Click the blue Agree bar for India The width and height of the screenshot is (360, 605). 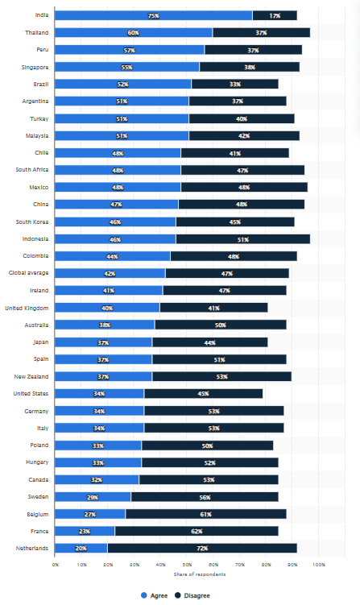(x=153, y=15)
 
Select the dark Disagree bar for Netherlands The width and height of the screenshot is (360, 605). (x=201, y=549)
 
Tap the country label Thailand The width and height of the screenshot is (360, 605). (x=37, y=33)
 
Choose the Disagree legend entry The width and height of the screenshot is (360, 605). (x=197, y=595)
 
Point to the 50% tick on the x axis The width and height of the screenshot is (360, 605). (x=187, y=565)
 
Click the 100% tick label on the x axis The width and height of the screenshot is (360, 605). (x=318, y=565)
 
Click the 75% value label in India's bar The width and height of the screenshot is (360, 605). (x=153, y=15)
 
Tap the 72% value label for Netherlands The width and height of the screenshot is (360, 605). (x=202, y=549)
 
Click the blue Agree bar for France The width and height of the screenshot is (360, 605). (x=85, y=531)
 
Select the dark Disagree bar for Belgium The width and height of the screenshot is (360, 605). (x=205, y=514)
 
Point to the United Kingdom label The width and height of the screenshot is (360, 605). (x=27, y=308)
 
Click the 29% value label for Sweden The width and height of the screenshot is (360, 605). (x=93, y=497)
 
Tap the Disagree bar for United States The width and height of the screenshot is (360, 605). (x=203, y=394)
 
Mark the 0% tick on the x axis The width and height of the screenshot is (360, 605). (x=55, y=565)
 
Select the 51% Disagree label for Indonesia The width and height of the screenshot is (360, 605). (x=242, y=239)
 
